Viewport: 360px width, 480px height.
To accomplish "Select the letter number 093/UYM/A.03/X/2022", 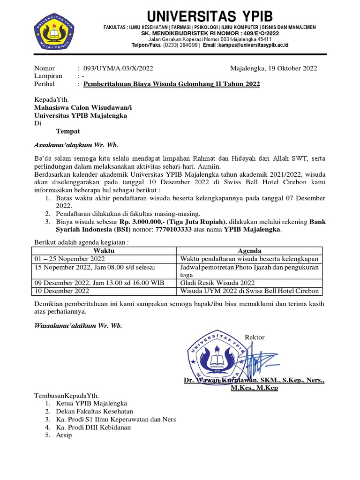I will pos(118,68).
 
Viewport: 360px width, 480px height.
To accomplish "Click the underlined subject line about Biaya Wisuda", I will pos(171,84).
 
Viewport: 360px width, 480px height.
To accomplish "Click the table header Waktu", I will pos(104,251).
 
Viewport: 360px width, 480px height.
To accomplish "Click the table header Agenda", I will pos(250,251).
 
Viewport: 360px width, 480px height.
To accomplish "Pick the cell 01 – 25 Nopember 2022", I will pos(69,259).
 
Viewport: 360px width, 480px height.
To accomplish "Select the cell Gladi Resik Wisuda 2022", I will pos(217,283).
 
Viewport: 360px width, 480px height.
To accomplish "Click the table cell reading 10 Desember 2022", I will pos(61,291).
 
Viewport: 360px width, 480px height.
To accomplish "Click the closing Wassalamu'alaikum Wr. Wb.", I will pos(78,326).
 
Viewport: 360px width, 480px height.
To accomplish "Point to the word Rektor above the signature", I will pos(255,337).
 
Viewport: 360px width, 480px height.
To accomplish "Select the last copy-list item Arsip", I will pos(64,435).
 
